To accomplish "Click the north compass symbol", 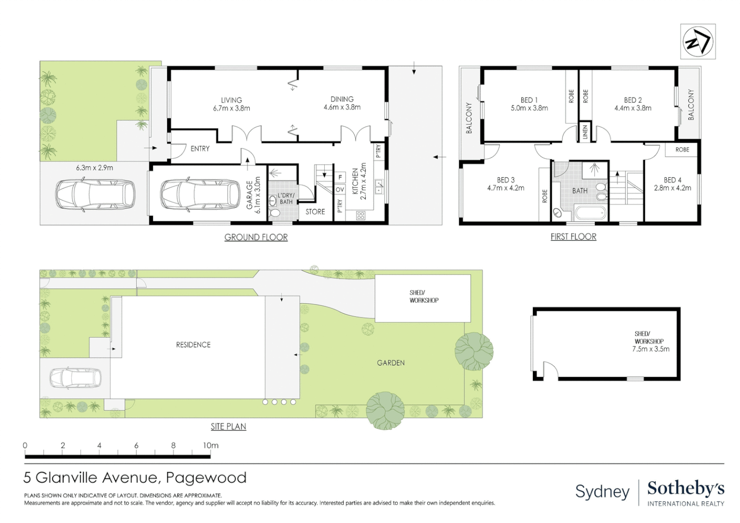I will click(x=697, y=42).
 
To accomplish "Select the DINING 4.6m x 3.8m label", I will click(x=342, y=103).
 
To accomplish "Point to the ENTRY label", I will click(x=200, y=149).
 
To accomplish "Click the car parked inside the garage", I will click(x=200, y=195).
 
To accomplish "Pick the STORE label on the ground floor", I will click(x=315, y=212).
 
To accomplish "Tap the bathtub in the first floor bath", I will click(x=589, y=213).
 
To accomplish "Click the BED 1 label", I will click(x=529, y=100).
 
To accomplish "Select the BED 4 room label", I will click(x=672, y=180).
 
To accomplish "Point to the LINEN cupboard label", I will click(x=585, y=132).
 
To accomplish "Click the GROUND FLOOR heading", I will click(x=256, y=237).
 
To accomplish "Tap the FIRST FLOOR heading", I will click(x=573, y=237).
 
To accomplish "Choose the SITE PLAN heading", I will click(x=228, y=427).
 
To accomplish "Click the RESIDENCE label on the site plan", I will click(x=193, y=345).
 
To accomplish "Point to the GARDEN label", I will click(x=391, y=363).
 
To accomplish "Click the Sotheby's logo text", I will click(x=685, y=489).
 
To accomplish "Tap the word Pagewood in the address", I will click(x=206, y=478).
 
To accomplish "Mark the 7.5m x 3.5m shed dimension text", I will click(x=650, y=349).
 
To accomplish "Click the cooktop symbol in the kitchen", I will click(x=361, y=216).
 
